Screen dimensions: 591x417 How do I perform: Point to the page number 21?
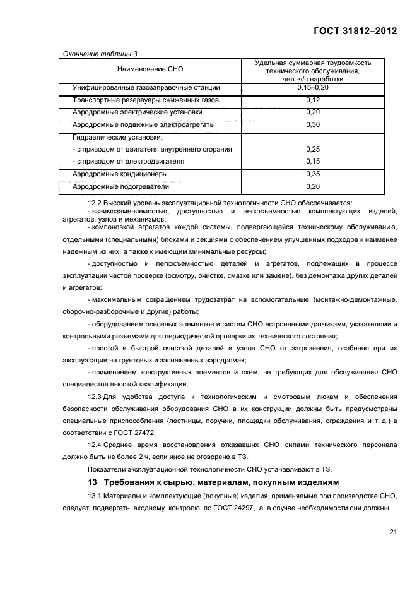392,532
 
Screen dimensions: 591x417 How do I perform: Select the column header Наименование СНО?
150,69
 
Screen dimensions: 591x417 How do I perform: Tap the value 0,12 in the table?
312,100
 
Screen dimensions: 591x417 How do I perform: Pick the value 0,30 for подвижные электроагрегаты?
312,125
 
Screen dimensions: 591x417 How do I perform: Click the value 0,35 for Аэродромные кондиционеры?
312,174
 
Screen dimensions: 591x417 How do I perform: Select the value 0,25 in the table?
312,149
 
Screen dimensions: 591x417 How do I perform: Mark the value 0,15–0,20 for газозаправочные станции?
312,88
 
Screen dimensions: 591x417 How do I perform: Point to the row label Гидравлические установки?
118,137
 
